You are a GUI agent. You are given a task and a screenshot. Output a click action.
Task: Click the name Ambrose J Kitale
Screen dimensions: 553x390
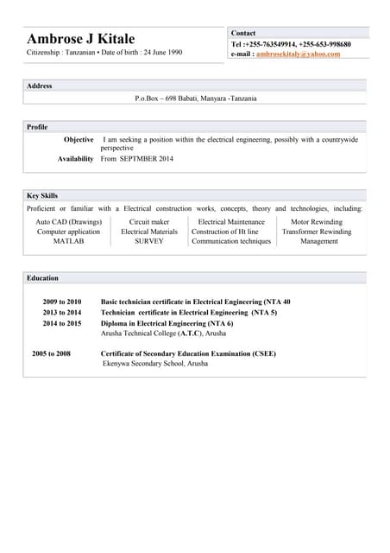(x=81, y=39)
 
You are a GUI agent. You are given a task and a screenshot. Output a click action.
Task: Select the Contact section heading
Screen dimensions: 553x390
(x=243, y=33)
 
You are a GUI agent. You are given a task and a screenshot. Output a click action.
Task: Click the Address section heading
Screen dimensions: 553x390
(x=40, y=86)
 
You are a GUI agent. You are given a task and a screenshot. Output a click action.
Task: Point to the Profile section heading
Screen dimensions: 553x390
(x=37, y=127)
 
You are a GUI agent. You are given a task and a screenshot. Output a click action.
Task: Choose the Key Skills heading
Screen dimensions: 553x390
(x=42, y=195)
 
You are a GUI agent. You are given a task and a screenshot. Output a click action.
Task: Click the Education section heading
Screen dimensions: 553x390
(x=42, y=278)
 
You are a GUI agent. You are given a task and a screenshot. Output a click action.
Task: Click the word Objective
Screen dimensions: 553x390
(x=79, y=139)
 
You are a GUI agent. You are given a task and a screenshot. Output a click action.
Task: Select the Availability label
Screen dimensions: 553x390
(x=76, y=159)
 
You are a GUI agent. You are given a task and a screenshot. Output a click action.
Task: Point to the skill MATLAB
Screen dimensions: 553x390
(x=69, y=241)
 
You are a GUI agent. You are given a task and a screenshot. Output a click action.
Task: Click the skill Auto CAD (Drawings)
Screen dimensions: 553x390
(x=69, y=222)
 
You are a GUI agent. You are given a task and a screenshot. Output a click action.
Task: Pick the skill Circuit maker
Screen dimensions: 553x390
(x=149, y=222)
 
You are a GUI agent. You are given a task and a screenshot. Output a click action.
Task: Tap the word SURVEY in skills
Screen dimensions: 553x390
(x=149, y=241)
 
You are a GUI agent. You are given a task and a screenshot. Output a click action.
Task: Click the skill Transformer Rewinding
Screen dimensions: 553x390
(x=317, y=232)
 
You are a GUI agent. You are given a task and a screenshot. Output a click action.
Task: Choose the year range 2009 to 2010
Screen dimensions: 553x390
(x=62, y=302)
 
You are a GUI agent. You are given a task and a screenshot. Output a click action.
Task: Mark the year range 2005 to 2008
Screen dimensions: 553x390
(x=51, y=354)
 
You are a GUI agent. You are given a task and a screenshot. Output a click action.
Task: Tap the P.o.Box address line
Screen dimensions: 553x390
(x=196, y=99)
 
